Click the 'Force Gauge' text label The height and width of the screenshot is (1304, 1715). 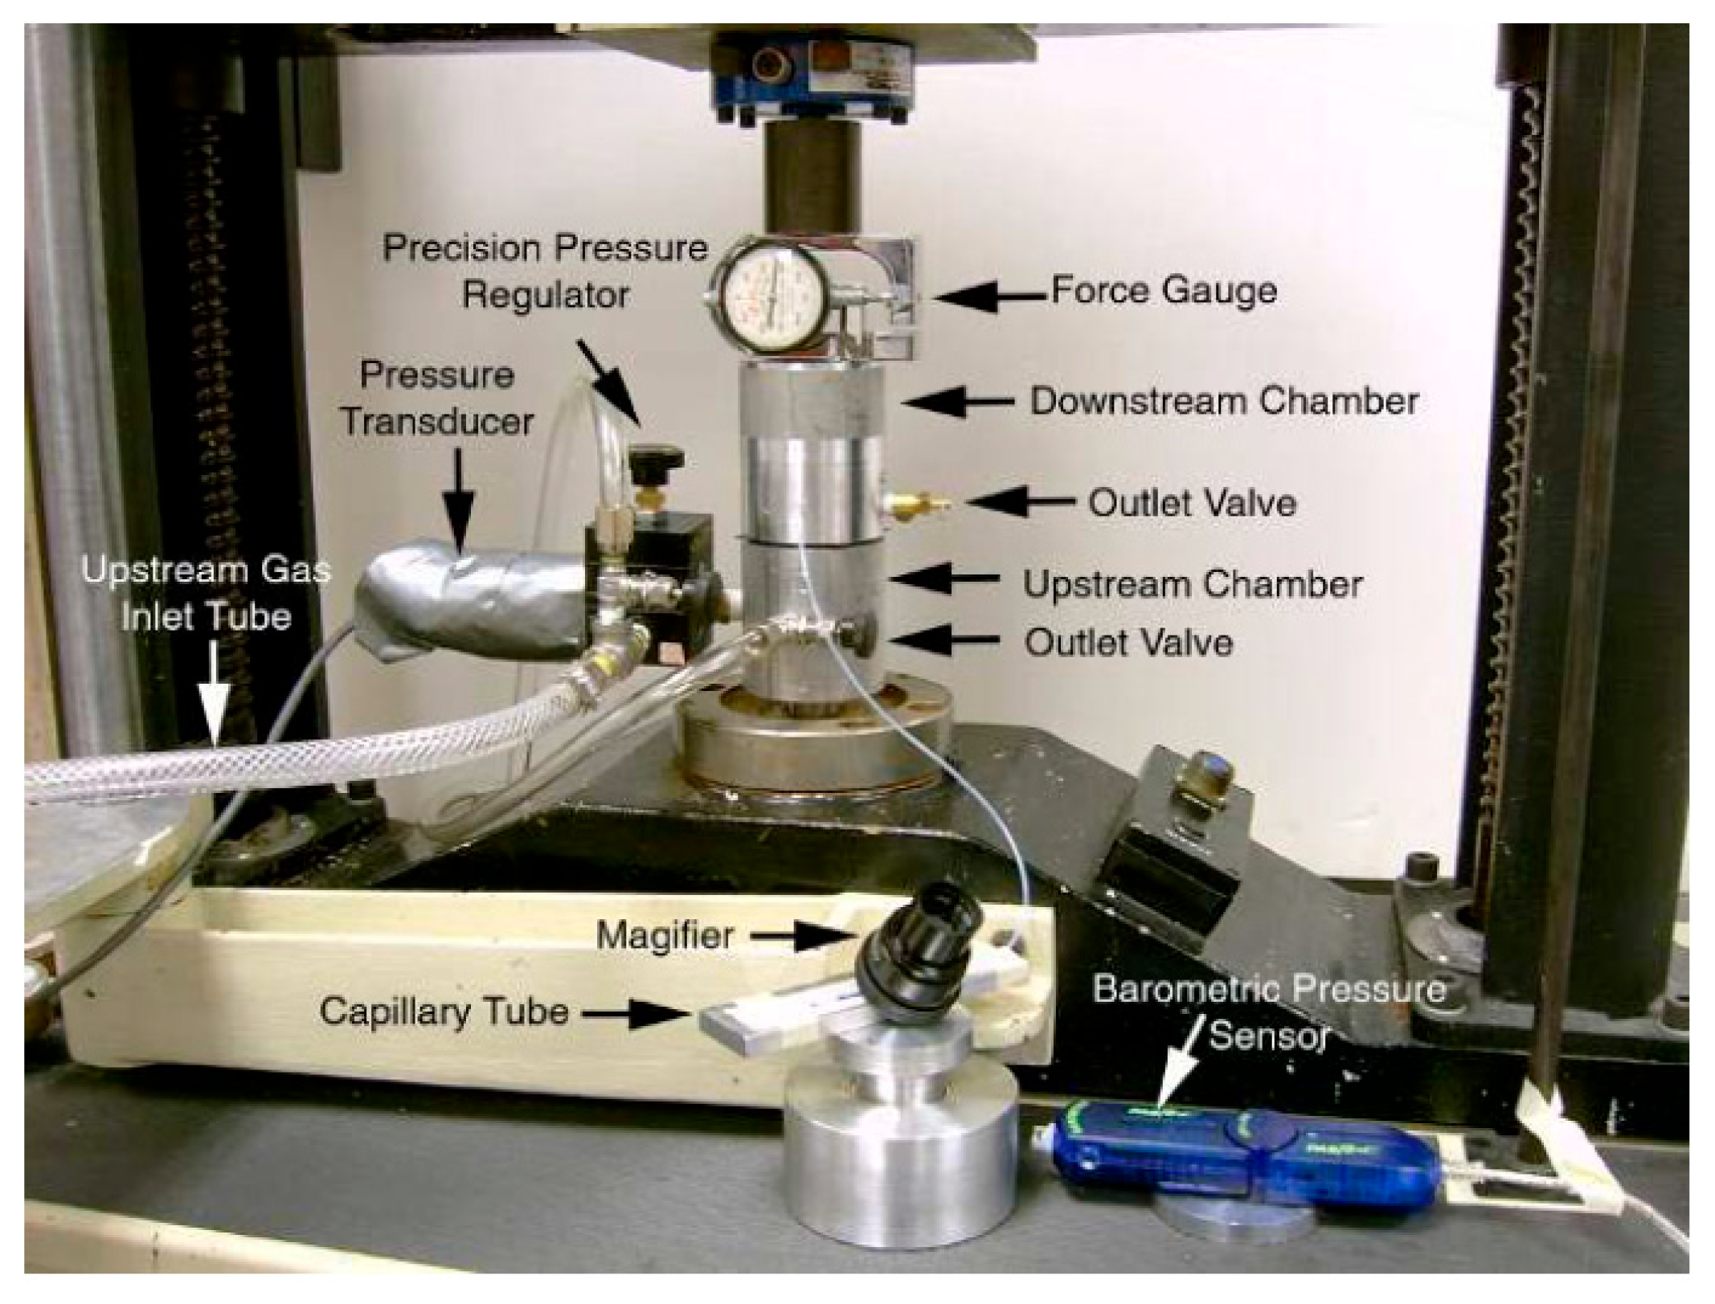(1164, 291)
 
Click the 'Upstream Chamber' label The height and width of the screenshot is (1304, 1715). (1193, 583)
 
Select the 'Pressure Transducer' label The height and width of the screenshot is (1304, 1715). (438, 399)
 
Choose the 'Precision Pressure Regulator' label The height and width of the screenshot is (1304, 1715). (545, 272)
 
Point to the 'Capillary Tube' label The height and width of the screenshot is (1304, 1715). (444, 1012)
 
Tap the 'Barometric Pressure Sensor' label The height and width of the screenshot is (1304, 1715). (1271, 1012)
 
